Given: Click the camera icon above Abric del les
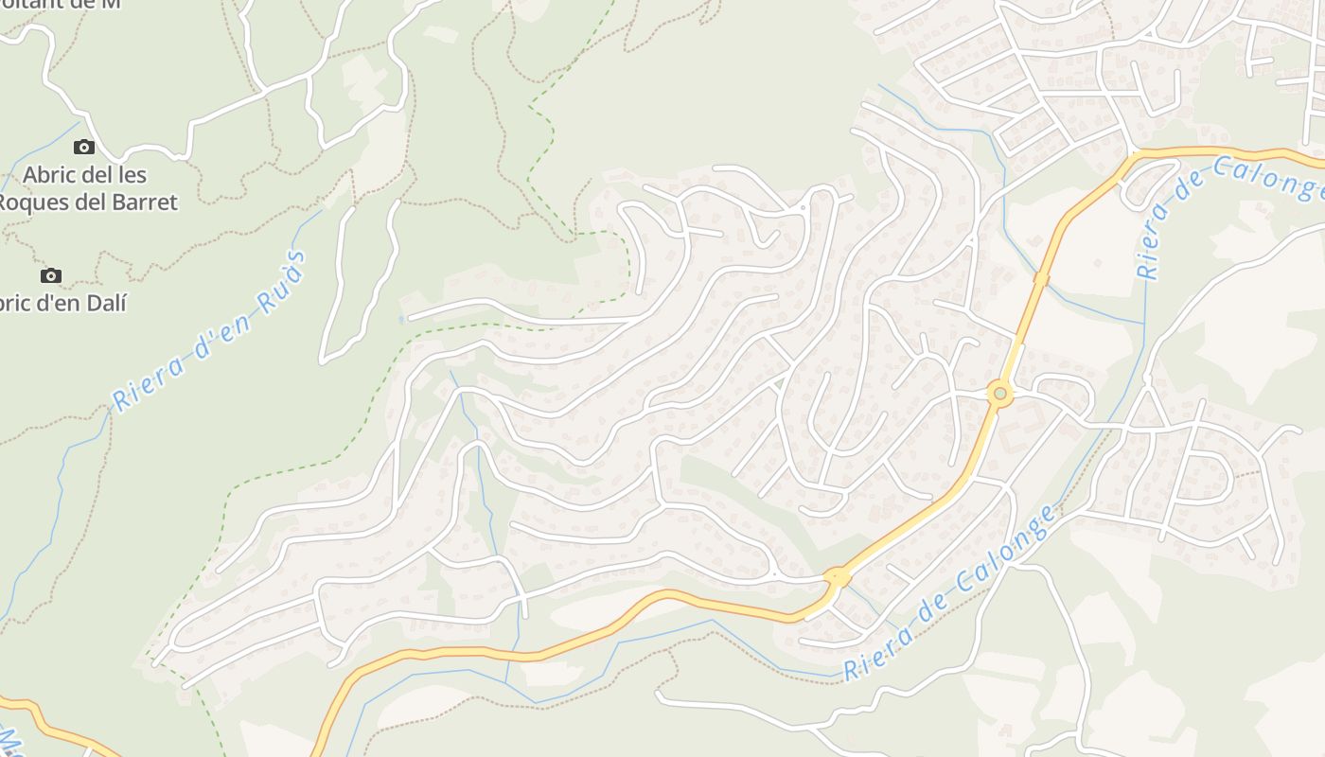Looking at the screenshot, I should (x=84, y=147).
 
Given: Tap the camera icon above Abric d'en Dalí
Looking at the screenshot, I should (x=51, y=275).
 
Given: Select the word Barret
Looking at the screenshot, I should (x=144, y=202).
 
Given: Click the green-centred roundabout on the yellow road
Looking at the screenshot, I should (x=999, y=393).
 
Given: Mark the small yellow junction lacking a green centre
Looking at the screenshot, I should (x=836, y=575).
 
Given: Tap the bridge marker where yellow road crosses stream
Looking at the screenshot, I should (x=1041, y=279).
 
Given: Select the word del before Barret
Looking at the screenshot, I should (x=101, y=202).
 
